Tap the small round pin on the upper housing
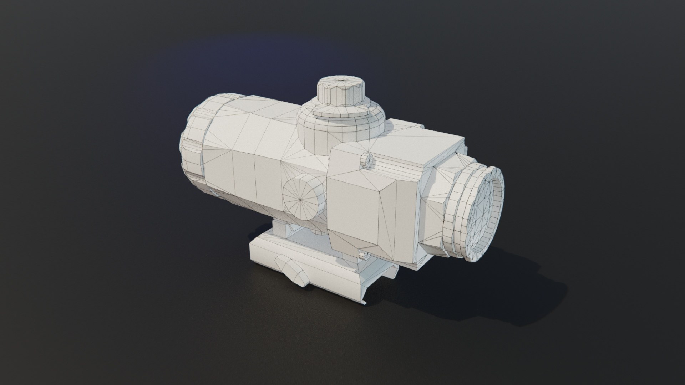367,160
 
